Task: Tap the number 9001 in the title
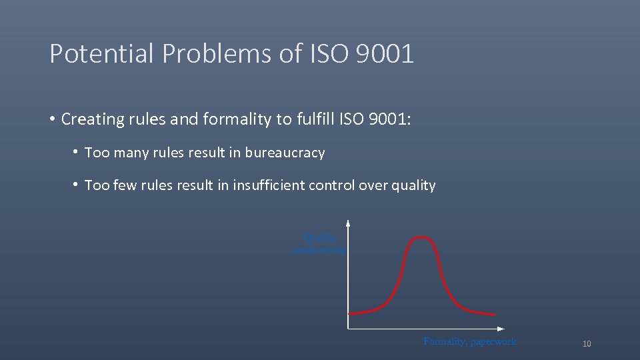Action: (385, 54)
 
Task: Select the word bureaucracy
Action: (285, 153)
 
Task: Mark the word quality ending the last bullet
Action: (413, 185)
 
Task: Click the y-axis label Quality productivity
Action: (320, 244)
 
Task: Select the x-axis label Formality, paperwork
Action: (469, 341)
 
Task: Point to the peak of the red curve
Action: (420, 237)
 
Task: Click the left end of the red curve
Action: (351, 313)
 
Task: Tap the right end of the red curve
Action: (494, 314)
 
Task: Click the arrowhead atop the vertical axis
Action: (348, 225)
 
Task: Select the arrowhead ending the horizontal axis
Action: (501, 329)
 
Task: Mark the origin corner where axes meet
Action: (348, 329)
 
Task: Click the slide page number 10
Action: (587, 344)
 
